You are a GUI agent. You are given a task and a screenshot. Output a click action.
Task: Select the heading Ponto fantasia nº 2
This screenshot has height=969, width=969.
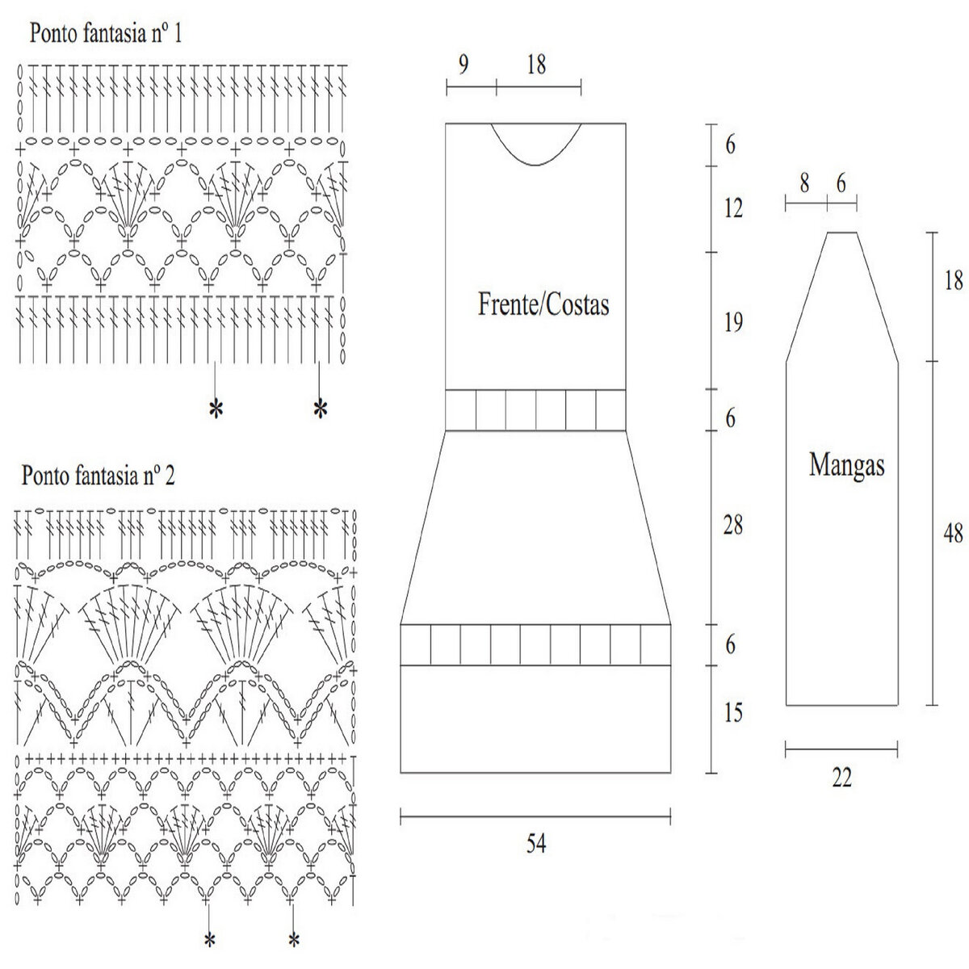[x=99, y=476]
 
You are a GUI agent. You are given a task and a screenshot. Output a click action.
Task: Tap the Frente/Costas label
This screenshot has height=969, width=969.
[x=543, y=305]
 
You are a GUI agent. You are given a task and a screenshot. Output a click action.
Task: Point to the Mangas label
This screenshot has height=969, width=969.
[x=846, y=465]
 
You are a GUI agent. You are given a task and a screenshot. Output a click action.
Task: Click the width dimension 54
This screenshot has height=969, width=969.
[x=536, y=844]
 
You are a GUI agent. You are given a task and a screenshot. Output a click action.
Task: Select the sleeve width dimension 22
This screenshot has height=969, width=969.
[x=841, y=778]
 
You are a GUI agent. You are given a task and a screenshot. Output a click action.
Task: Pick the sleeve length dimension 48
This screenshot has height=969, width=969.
[x=953, y=534]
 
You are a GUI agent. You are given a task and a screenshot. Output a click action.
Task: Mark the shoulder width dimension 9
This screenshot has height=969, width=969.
[x=462, y=65]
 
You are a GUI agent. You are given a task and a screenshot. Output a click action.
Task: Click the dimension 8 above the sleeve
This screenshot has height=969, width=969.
[x=805, y=184]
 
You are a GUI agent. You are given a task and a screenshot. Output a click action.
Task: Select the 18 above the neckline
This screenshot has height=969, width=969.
[x=536, y=65]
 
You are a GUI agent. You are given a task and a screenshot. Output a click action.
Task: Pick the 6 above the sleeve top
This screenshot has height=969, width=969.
[x=841, y=184]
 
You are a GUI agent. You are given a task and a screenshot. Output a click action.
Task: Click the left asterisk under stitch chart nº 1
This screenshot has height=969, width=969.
[x=215, y=409]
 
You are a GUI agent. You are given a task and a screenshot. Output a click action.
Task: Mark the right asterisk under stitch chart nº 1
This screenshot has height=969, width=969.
[x=321, y=409]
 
